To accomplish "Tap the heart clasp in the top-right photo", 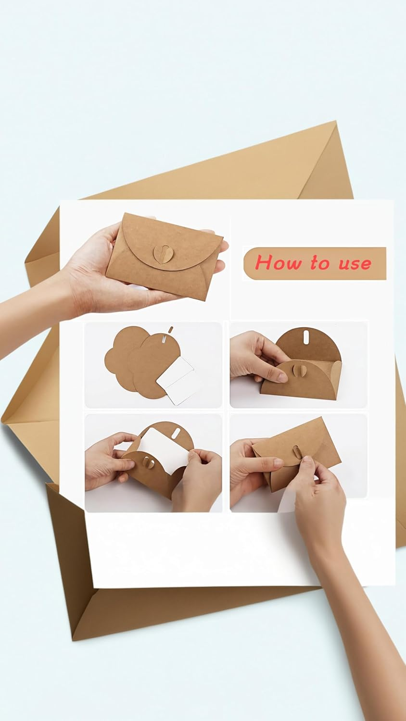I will click(283, 372).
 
